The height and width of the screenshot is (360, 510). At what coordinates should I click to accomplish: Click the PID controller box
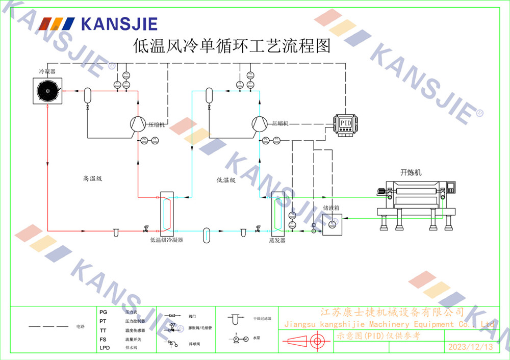(x=346, y=124)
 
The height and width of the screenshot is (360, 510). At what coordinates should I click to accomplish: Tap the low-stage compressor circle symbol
(x=260, y=123)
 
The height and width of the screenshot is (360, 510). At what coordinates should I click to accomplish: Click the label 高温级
(x=92, y=178)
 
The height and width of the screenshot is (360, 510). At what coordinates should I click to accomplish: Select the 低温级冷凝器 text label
(x=166, y=240)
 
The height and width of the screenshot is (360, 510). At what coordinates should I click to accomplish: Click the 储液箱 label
(x=331, y=208)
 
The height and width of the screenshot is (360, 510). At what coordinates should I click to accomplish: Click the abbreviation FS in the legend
(x=103, y=339)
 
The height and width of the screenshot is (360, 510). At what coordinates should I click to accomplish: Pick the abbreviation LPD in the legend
(x=105, y=348)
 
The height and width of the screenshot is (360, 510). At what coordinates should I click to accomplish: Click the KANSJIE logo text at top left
(x=119, y=23)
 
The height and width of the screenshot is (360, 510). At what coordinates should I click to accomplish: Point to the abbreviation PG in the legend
(x=103, y=312)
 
